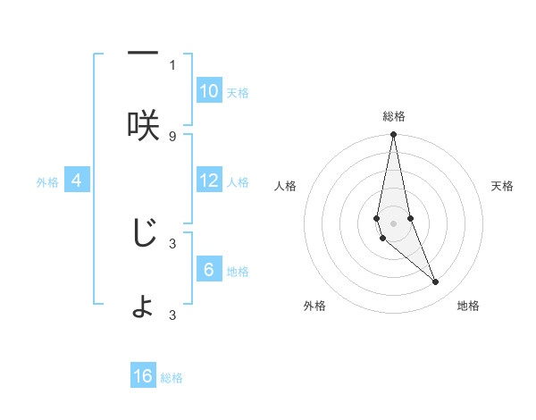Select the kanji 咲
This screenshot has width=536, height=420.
point(143,125)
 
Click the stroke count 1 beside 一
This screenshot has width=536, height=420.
point(172,64)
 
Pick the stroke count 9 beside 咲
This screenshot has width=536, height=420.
point(172,136)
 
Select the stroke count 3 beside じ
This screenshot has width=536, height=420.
point(172,242)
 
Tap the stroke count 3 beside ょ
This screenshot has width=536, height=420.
point(172,314)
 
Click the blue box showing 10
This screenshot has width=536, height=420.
point(209,91)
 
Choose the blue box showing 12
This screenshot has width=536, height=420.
point(209,181)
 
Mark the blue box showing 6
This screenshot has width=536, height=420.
point(209,270)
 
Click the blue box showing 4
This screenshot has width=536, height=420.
point(77,181)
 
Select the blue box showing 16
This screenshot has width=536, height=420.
point(143,376)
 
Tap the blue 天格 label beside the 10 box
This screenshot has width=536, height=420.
point(238,93)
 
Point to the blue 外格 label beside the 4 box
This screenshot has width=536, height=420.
point(47,182)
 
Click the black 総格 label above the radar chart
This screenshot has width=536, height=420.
point(394,116)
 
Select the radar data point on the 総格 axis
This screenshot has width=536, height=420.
point(394,136)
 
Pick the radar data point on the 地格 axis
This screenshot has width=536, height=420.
point(436,281)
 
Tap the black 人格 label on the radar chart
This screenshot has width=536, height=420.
point(286,186)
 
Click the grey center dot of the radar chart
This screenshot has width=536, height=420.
point(394,223)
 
